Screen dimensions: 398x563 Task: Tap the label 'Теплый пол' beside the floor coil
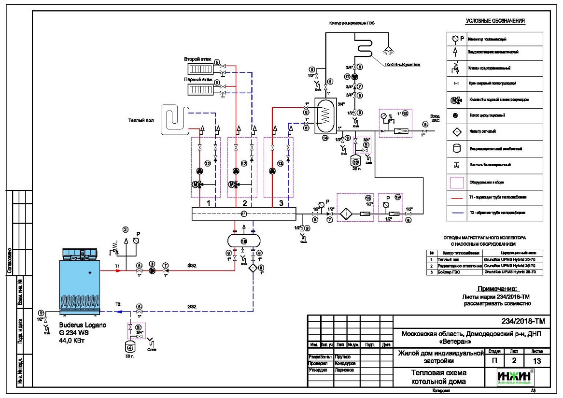click(141, 120)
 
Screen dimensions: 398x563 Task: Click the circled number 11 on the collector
click(244, 213)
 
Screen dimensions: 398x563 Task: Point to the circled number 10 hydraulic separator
click(243, 240)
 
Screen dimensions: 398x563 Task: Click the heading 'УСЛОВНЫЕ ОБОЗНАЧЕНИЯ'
click(495, 21)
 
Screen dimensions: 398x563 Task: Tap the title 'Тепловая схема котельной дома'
click(438, 377)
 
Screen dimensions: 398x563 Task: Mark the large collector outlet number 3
click(281, 203)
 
